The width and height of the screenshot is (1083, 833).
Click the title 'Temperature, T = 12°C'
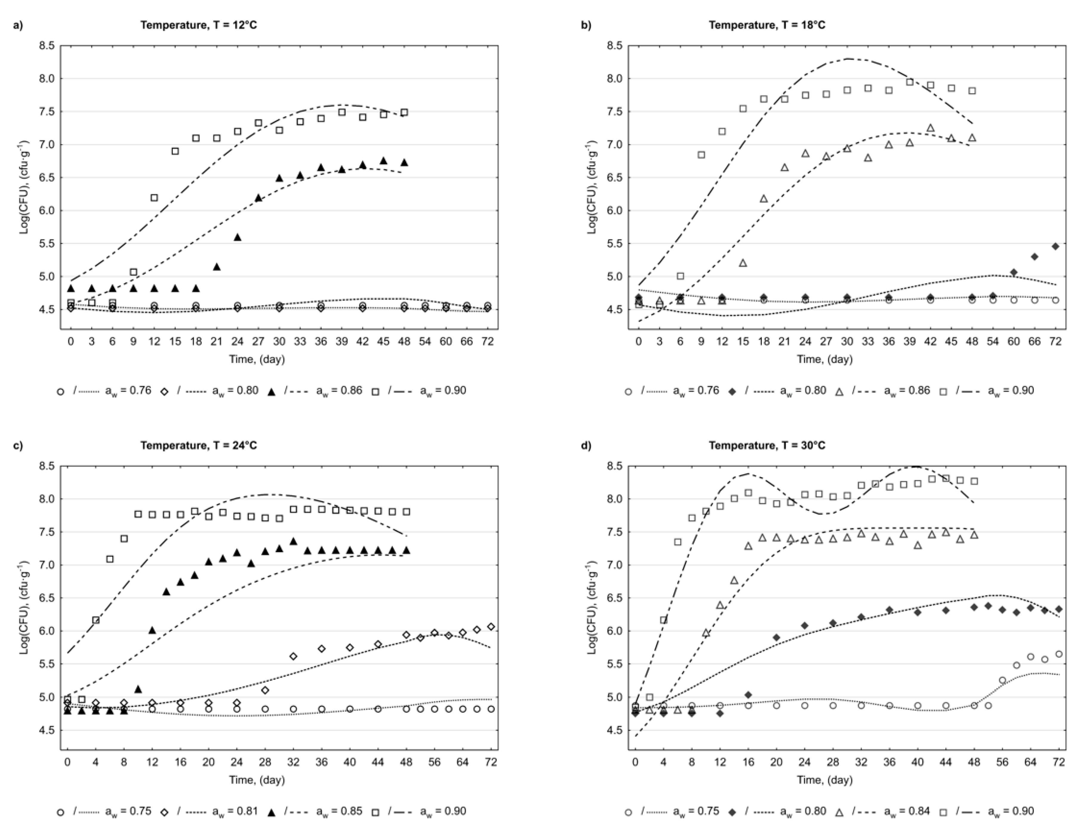[x=198, y=25]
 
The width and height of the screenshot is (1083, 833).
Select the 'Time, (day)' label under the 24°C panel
[x=256, y=780]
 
